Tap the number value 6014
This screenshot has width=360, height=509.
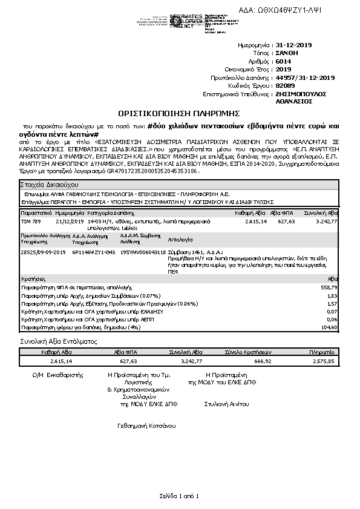(283, 61)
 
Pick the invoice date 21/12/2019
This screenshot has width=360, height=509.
(68, 222)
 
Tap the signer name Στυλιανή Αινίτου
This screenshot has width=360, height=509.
(227, 403)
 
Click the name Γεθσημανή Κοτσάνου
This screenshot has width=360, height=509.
(146, 426)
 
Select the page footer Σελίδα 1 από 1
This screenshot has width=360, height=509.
(180, 496)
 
